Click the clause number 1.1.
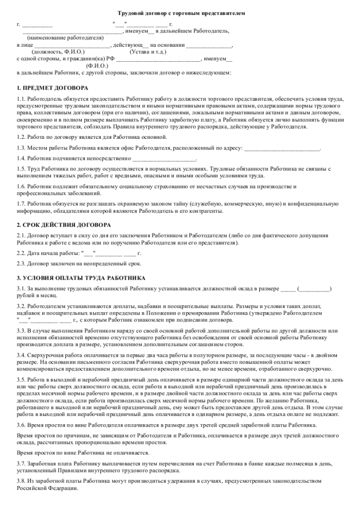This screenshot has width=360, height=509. (21, 98)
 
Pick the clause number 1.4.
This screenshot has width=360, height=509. (21, 158)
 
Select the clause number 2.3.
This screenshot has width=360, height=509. (21, 263)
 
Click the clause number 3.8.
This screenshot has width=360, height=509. (21, 481)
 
